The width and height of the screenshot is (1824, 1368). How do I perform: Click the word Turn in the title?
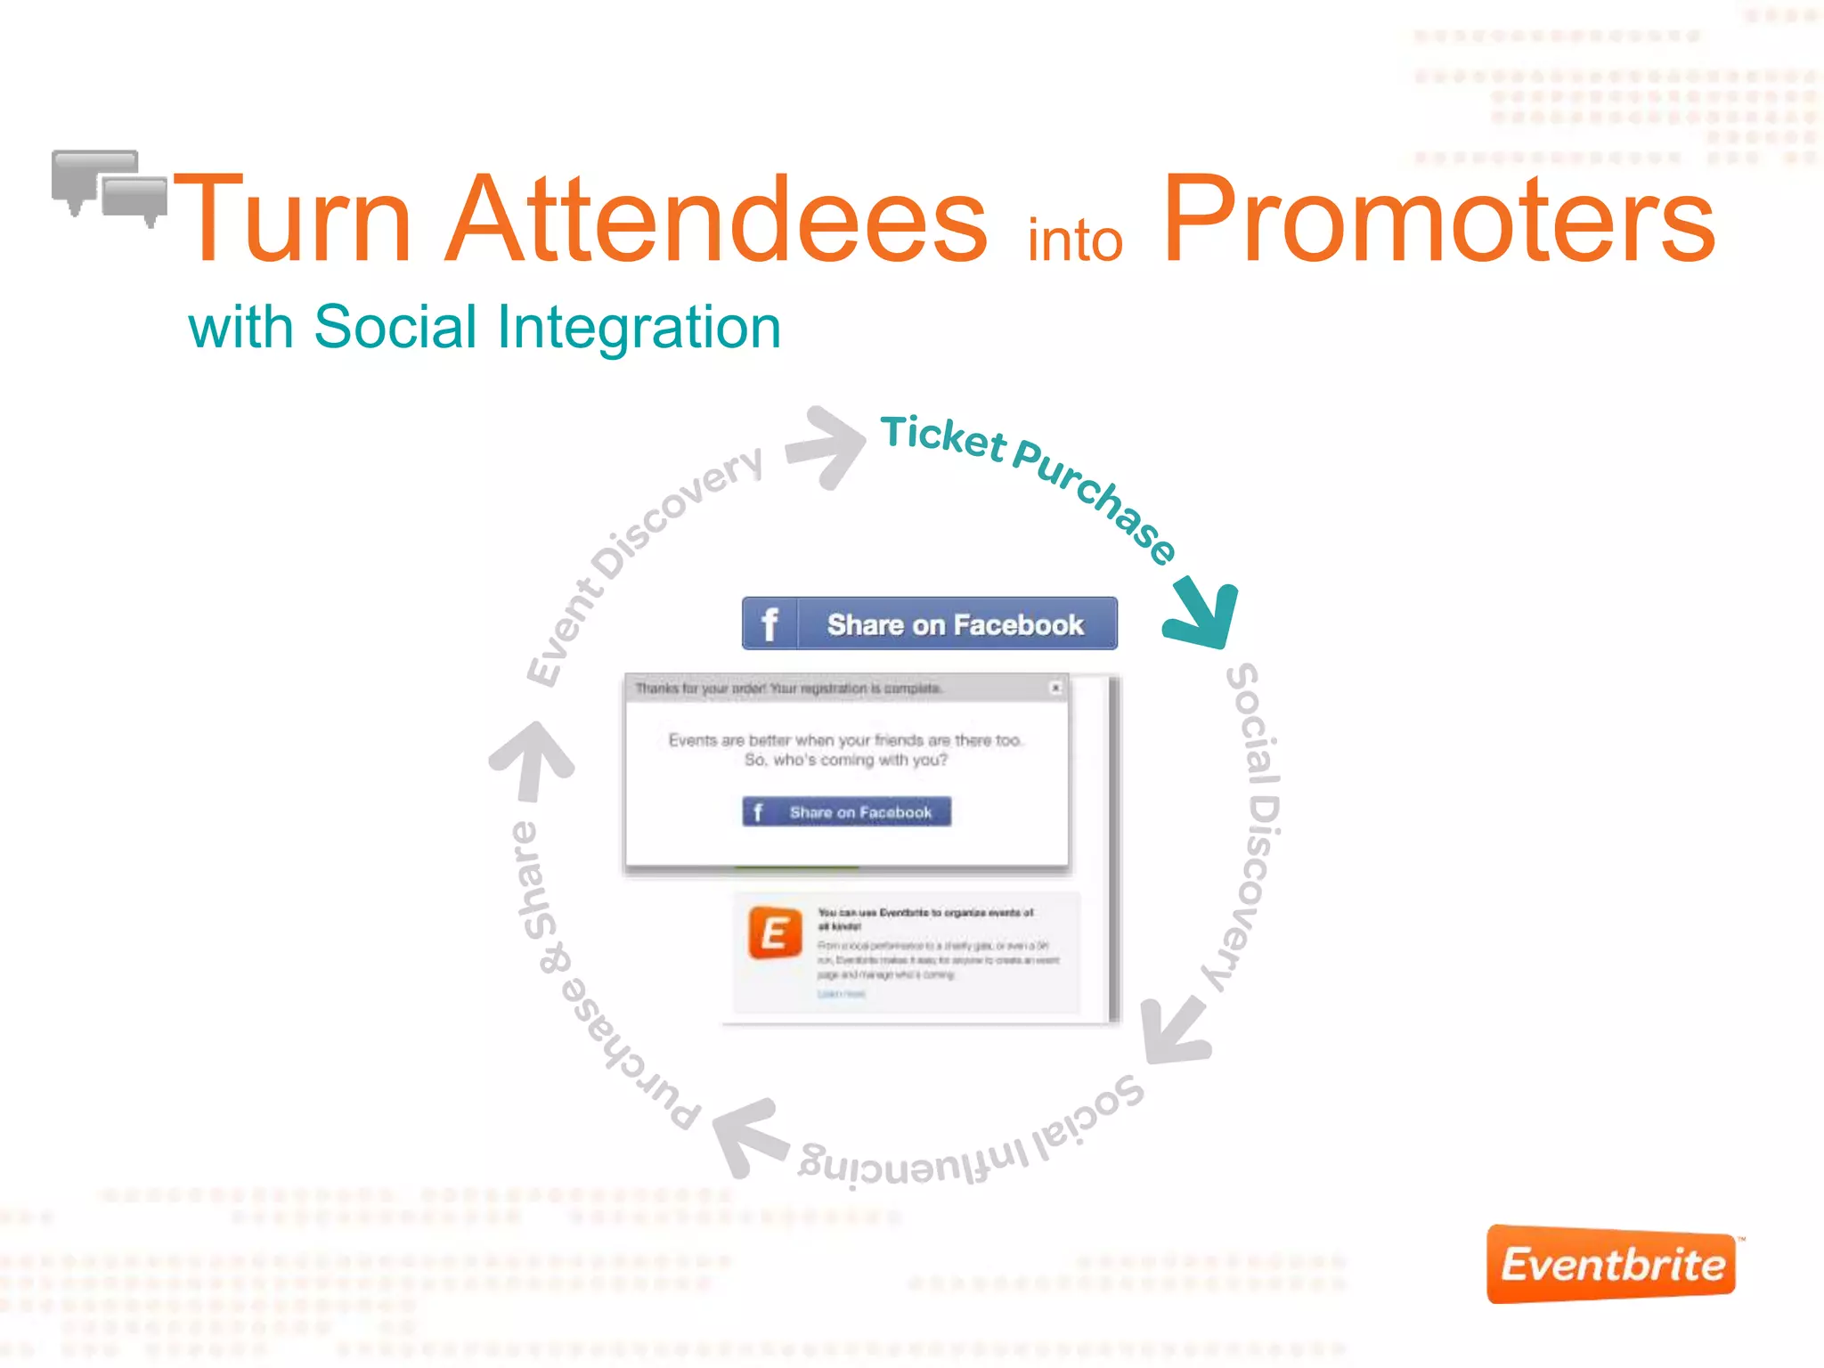pos(294,221)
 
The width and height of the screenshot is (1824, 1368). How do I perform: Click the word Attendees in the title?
pos(717,221)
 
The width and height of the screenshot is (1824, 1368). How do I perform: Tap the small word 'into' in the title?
pos(1075,241)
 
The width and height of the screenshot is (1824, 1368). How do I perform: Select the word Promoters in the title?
pos(1438,221)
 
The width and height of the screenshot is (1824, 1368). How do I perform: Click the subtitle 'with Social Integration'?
pos(484,327)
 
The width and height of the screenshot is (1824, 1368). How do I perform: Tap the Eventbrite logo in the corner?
pos(1612,1264)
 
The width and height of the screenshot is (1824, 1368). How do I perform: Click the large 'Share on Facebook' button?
pos(929,623)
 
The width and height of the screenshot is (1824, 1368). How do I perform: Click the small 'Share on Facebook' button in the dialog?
pos(846,811)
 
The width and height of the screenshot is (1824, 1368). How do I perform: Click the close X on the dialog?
pos(1055,688)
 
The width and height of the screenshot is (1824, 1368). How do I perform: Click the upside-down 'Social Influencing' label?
pos(971,1140)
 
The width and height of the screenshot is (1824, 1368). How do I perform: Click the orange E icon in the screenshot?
pos(775,932)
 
